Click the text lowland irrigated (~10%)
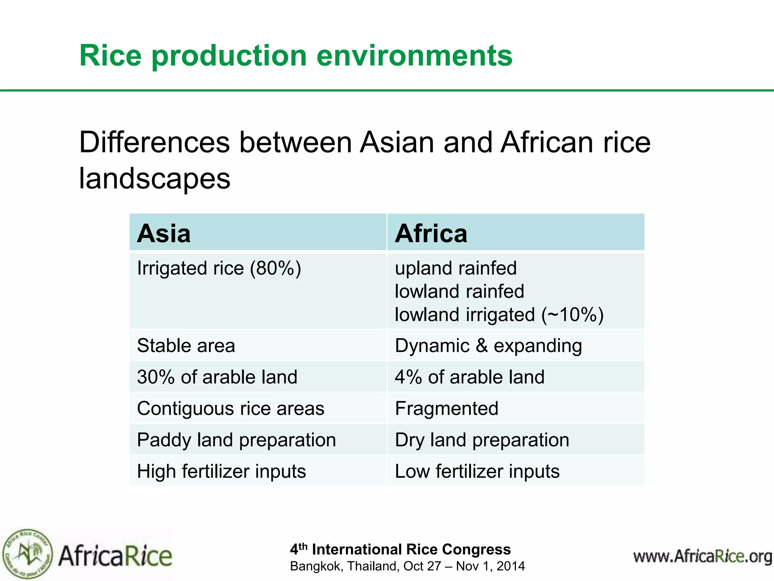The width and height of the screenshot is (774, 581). (499, 315)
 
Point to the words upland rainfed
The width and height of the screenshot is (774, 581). (455, 268)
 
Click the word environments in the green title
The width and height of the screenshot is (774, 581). (414, 56)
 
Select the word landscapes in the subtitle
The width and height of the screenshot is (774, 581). (155, 179)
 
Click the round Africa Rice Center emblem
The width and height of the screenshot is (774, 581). (27, 554)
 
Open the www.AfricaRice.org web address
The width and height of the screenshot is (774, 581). (702, 556)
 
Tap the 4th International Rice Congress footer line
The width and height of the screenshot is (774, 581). (400, 549)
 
